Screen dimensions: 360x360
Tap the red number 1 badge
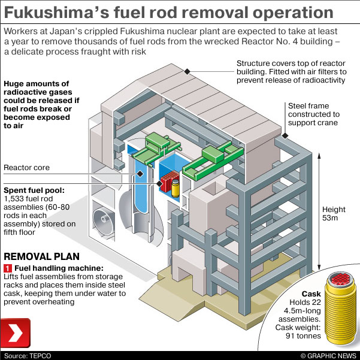click(x=8, y=268)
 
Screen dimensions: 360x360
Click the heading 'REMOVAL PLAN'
click(x=40, y=256)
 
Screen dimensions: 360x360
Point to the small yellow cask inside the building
click(x=176, y=187)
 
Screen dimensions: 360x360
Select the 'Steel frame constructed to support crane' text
click(x=313, y=114)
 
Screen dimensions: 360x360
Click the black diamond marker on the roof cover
click(x=187, y=72)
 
